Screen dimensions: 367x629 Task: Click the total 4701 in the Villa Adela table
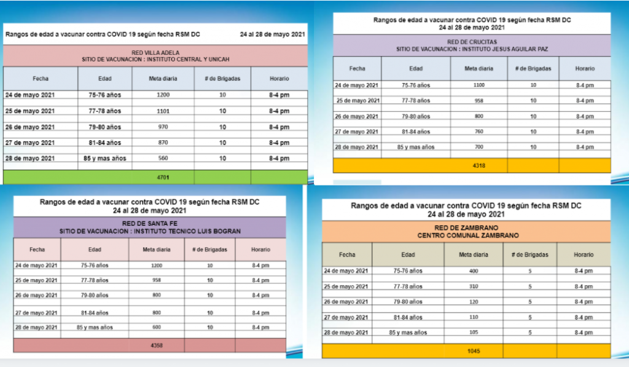[x=163, y=178]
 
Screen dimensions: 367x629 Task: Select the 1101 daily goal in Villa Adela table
[x=163, y=111]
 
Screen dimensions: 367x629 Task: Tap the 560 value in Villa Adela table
[x=163, y=158]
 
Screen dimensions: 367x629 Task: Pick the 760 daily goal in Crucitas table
[x=479, y=132]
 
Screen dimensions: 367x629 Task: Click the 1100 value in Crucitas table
[x=479, y=85]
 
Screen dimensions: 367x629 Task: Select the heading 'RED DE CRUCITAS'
[x=472, y=41]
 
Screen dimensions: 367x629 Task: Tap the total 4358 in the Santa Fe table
[x=157, y=345]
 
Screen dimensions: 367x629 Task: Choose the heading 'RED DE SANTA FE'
[x=150, y=224]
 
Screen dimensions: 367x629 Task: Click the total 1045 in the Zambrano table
[x=473, y=352]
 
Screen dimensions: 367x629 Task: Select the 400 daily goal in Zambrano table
[x=473, y=271]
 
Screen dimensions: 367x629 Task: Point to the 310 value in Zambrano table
[x=473, y=286]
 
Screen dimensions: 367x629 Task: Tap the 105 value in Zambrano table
[x=473, y=333]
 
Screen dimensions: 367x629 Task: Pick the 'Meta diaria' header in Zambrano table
[x=473, y=255]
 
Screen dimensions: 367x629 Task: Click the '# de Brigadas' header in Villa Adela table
[x=222, y=79]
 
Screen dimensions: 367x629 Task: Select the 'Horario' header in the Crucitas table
[x=585, y=69]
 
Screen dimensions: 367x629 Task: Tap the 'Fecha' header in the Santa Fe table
[x=36, y=250]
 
